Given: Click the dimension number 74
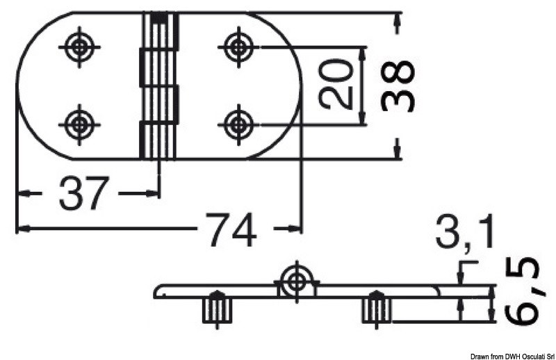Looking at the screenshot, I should click(231, 229).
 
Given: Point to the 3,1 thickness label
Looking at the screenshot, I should click(465, 231).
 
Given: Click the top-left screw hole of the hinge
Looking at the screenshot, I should click(80, 47).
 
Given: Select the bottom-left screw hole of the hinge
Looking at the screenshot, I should click(80, 124).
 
